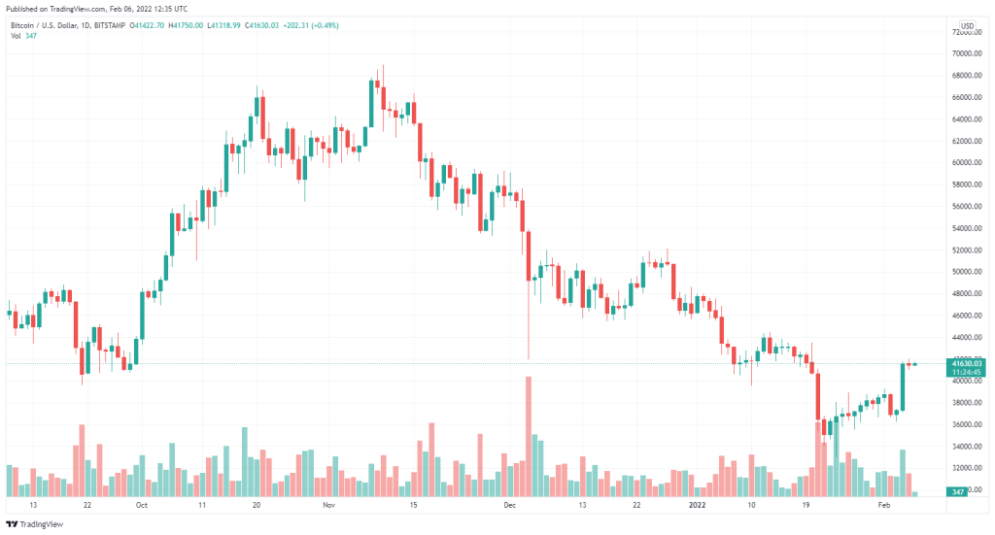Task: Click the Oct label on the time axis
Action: point(142,506)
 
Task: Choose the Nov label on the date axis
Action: point(327,506)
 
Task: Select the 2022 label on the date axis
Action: point(699,506)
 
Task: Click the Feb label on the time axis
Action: point(884,506)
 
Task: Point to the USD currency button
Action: point(968,25)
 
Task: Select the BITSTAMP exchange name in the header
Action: point(120,25)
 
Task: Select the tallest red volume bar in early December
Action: point(529,437)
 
